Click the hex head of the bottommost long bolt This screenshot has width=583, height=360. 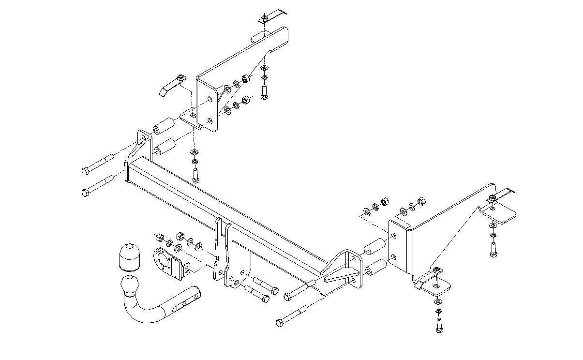pyautogui.click(x=280, y=323)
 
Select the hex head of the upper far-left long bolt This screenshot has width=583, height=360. pyautogui.click(x=87, y=171)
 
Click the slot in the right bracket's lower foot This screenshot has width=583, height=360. pyautogui.click(x=437, y=287)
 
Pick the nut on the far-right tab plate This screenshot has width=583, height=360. pyautogui.click(x=492, y=197)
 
